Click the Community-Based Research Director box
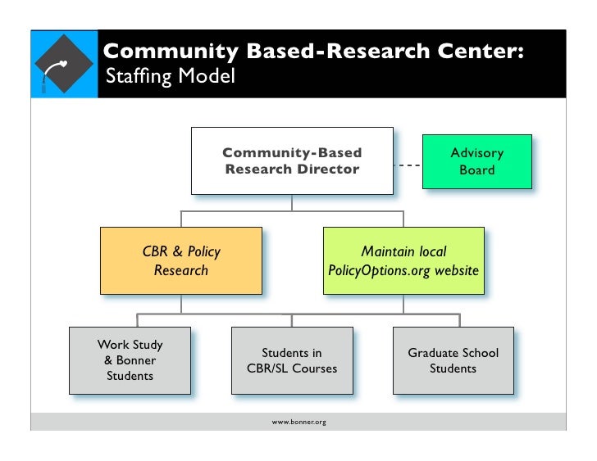pos(292,160)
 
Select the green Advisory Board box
pos(477,161)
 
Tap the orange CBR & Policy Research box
pos(181,260)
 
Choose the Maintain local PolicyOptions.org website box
pos(403,260)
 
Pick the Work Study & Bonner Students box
pos(130,360)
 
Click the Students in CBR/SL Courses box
pos(292,360)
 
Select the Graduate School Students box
pos(453,360)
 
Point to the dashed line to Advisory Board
pos(408,165)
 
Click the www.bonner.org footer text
pos(298,422)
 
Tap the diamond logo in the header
pos(64,64)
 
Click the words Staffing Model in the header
pos(171,76)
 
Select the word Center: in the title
pos(481,51)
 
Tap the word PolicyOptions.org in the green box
pos(379,271)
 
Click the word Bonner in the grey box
pos(136,360)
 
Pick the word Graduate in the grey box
pos(431,353)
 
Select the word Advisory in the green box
pos(477,153)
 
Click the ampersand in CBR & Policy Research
pos(177,251)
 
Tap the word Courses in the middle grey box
pos(315,368)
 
